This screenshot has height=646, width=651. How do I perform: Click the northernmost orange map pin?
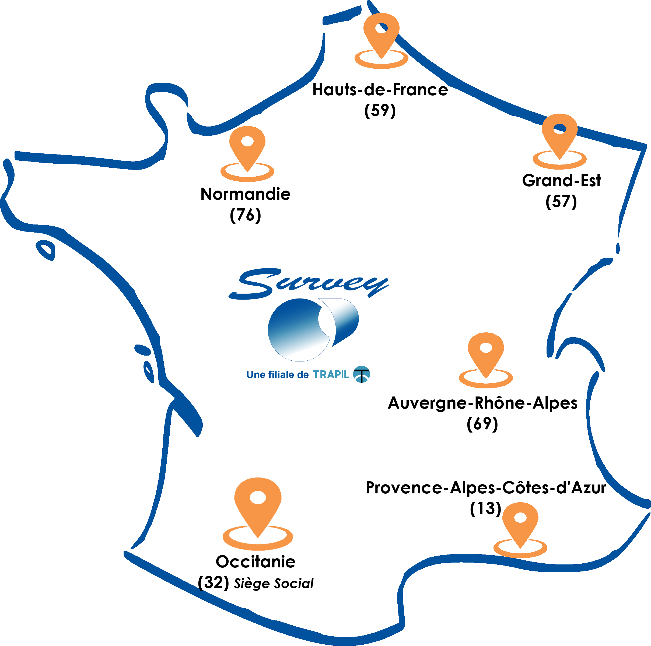click(x=381, y=32)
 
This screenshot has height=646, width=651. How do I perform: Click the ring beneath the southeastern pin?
click(x=520, y=552)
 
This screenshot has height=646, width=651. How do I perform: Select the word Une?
click(x=256, y=374)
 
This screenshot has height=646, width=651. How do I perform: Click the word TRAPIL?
click(x=331, y=374)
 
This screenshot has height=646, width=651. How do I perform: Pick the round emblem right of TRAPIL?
click(x=361, y=374)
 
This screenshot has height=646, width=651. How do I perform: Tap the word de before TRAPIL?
click(x=303, y=374)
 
